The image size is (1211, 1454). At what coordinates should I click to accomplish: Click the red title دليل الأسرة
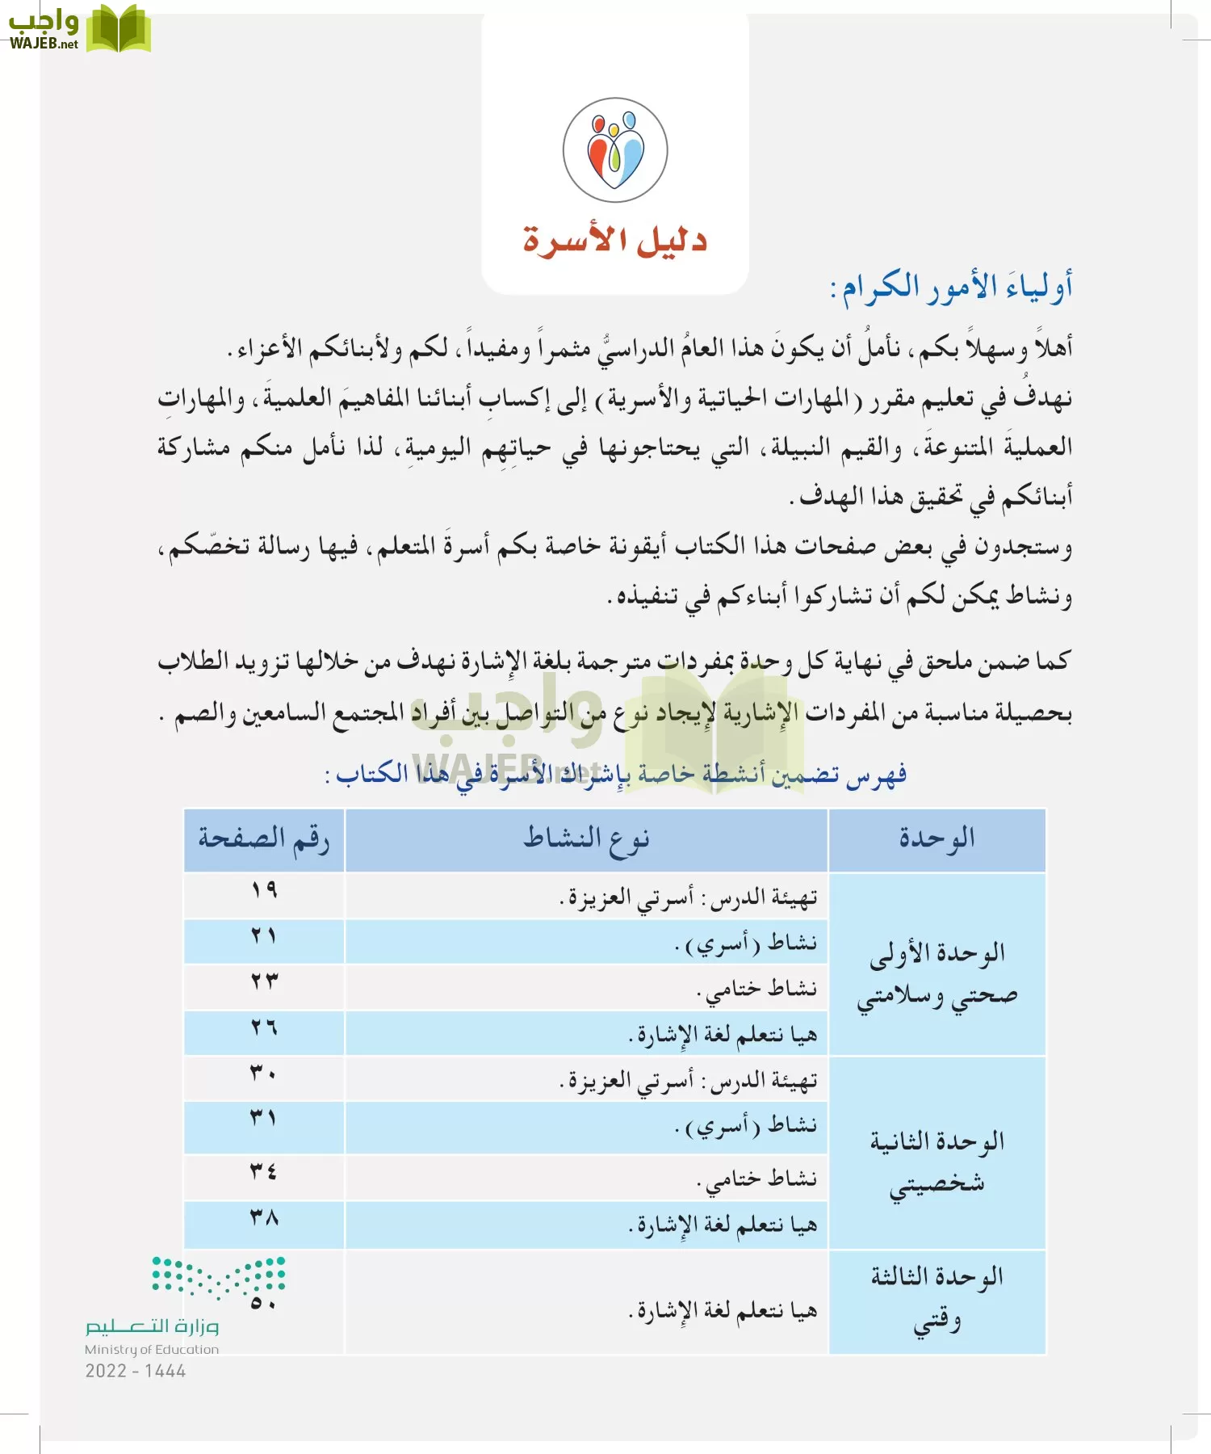pyautogui.click(x=614, y=240)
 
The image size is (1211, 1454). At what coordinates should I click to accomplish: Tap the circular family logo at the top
pyautogui.click(x=615, y=150)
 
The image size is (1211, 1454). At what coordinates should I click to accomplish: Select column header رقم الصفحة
pyautogui.click(x=264, y=839)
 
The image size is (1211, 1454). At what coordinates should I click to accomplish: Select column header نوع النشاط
pyautogui.click(x=586, y=839)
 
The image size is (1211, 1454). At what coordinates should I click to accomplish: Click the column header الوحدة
pyautogui.click(x=937, y=839)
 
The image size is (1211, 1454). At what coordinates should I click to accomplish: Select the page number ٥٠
pyautogui.click(x=264, y=1303)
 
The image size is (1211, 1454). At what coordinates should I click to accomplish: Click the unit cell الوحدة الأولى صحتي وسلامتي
pyautogui.click(x=937, y=974)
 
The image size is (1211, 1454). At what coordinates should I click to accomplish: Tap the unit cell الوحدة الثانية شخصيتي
pyautogui.click(x=937, y=1163)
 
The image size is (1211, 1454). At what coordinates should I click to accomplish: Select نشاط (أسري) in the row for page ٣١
pyautogui.click(x=747, y=1126)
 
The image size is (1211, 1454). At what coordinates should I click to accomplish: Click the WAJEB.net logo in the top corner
pyautogui.click(x=78, y=29)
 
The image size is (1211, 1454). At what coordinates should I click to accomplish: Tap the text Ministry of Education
pyautogui.click(x=152, y=1349)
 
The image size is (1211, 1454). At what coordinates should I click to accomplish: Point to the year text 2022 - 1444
pyautogui.click(x=136, y=1371)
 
